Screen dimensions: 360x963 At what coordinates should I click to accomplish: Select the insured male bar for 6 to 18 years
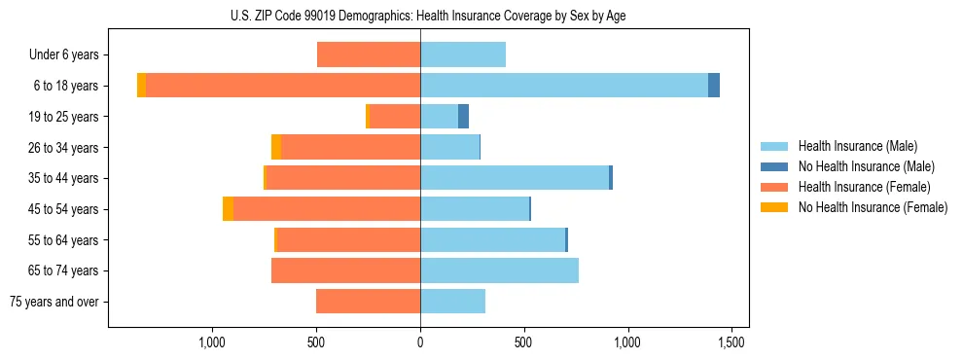pyautogui.click(x=564, y=86)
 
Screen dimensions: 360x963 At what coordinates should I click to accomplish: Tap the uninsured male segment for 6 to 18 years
pyautogui.click(x=714, y=86)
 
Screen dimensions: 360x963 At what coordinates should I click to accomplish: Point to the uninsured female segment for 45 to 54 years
pyautogui.click(x=228, y=209)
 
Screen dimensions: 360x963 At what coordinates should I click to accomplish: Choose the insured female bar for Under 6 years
pyautogui.click(x=369, y=54)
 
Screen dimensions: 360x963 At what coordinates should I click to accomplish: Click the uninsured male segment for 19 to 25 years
pyautogui.click(x=463, y=117)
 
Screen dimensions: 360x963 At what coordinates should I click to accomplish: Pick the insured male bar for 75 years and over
pyautogui.click(x=452, y=302)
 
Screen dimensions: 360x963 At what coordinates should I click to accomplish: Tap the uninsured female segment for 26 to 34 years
pyautogui.click(x=276, y=147)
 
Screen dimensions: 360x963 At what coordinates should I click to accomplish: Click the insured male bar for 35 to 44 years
pyautogui.click(x=515, y=178)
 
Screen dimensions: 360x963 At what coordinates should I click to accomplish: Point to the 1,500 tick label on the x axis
pyautogui.click(x=731, y=342)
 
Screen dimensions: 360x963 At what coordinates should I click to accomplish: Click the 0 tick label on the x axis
pyautogui.click(x=420, y=342)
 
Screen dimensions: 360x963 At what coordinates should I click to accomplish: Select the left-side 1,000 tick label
pyautogui.click(x=212, y=342)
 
